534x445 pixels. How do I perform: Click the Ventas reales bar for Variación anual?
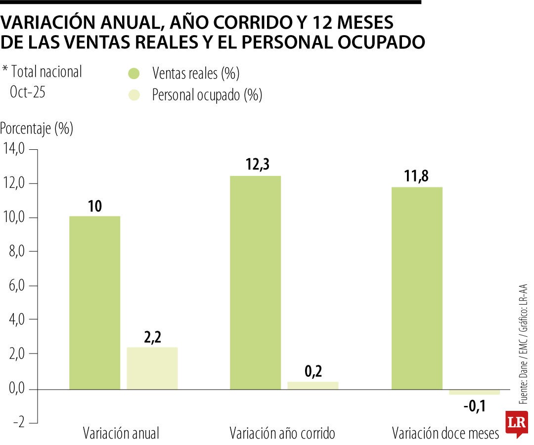[94, 303]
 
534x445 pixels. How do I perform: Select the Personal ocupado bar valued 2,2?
[152, 368]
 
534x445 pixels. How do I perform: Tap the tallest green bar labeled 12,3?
[255, 282]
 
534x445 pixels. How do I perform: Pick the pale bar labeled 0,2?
[312, 385]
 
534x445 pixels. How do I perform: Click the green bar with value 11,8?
[417, 288]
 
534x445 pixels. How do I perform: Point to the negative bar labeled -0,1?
[474, 392]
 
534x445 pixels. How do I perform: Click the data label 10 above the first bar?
[94, 206]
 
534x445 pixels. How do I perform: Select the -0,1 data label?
[475, 407]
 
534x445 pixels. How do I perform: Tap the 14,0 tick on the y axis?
[14, 149]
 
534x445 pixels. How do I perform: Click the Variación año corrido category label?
[282, 434]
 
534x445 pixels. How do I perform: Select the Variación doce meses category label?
[445, 434]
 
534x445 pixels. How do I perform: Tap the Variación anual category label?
[121, 434]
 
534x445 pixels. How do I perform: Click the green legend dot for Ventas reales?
[133, 74]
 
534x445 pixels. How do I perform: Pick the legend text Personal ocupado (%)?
[207, 95]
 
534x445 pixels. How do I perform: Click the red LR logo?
[516, 423]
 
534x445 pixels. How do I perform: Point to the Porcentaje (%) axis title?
[37, 129]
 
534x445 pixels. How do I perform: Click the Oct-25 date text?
[28, 92]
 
